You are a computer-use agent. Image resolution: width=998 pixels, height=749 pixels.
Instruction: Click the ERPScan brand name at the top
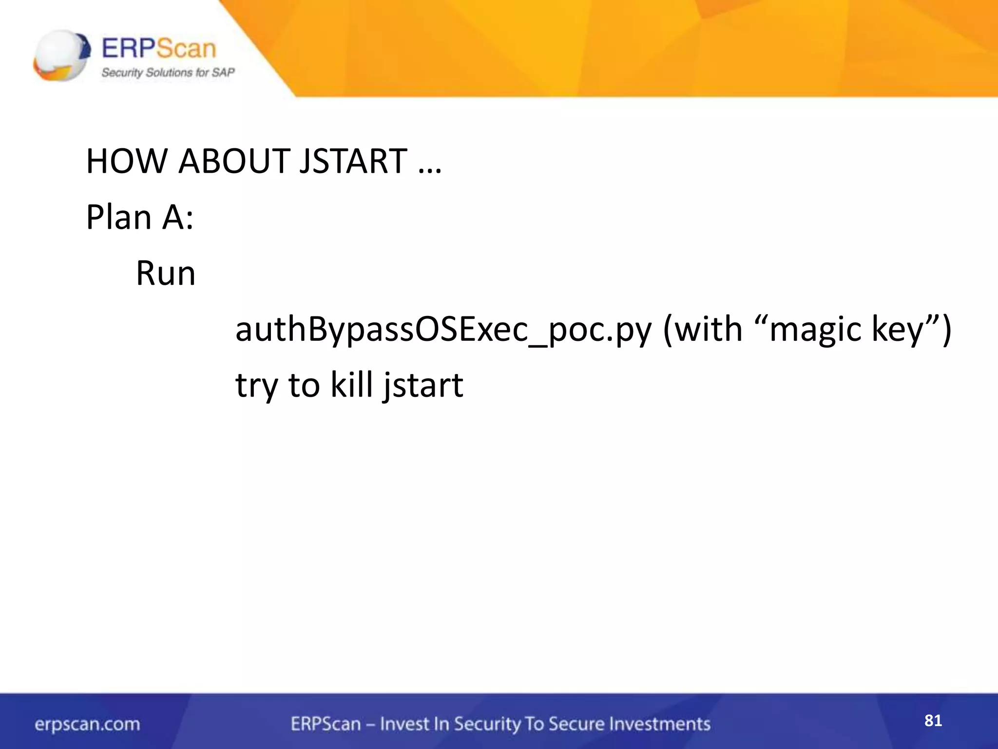coord(158,49)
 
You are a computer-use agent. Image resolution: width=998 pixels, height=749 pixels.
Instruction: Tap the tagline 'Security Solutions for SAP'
coord(168,73)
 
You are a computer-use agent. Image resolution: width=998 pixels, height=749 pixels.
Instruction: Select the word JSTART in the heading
coord(353,161)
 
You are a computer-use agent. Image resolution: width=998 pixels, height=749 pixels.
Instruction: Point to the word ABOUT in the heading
coord(234,161)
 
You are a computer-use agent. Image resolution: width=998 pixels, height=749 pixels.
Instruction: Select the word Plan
coord(119,217)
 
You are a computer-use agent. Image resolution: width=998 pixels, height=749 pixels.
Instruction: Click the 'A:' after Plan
coord(178,217)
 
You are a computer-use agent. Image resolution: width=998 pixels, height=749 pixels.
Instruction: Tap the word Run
coord(165,274)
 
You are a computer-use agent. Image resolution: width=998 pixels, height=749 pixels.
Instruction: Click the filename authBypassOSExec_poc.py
coord(443,330)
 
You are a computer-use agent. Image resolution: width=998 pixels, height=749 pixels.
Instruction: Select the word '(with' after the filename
coord(702,330)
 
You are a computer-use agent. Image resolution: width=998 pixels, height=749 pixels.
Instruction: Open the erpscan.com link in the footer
coord(87,724)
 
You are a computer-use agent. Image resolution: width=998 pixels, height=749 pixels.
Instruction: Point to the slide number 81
coord(933,721)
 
